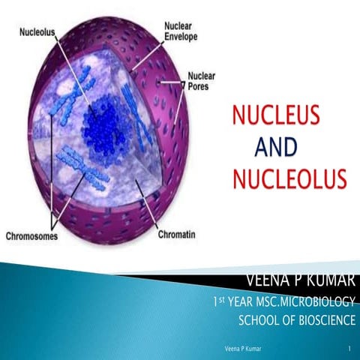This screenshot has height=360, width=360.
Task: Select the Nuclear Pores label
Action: (x=201, y=81)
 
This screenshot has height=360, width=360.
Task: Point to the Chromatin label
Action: (x=177, y=235)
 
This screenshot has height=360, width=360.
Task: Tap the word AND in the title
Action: (x=276, y=148)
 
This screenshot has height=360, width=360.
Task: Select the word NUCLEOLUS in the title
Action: (x=288, y=180)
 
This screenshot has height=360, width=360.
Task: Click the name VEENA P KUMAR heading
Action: (x=301, y=281)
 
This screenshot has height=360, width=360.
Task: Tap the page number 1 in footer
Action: (x=350, y=350)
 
